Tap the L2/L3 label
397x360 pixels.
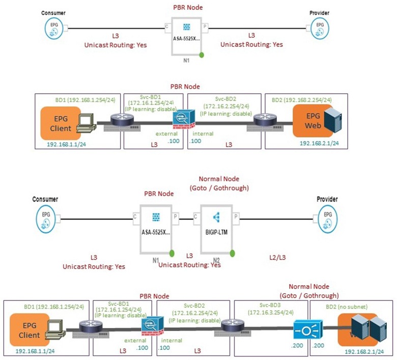coord(277,258)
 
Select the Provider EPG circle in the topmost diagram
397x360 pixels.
coord(319,29)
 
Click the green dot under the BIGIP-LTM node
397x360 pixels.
coord(232,253)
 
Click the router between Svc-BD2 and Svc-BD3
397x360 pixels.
coord(233,325)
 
